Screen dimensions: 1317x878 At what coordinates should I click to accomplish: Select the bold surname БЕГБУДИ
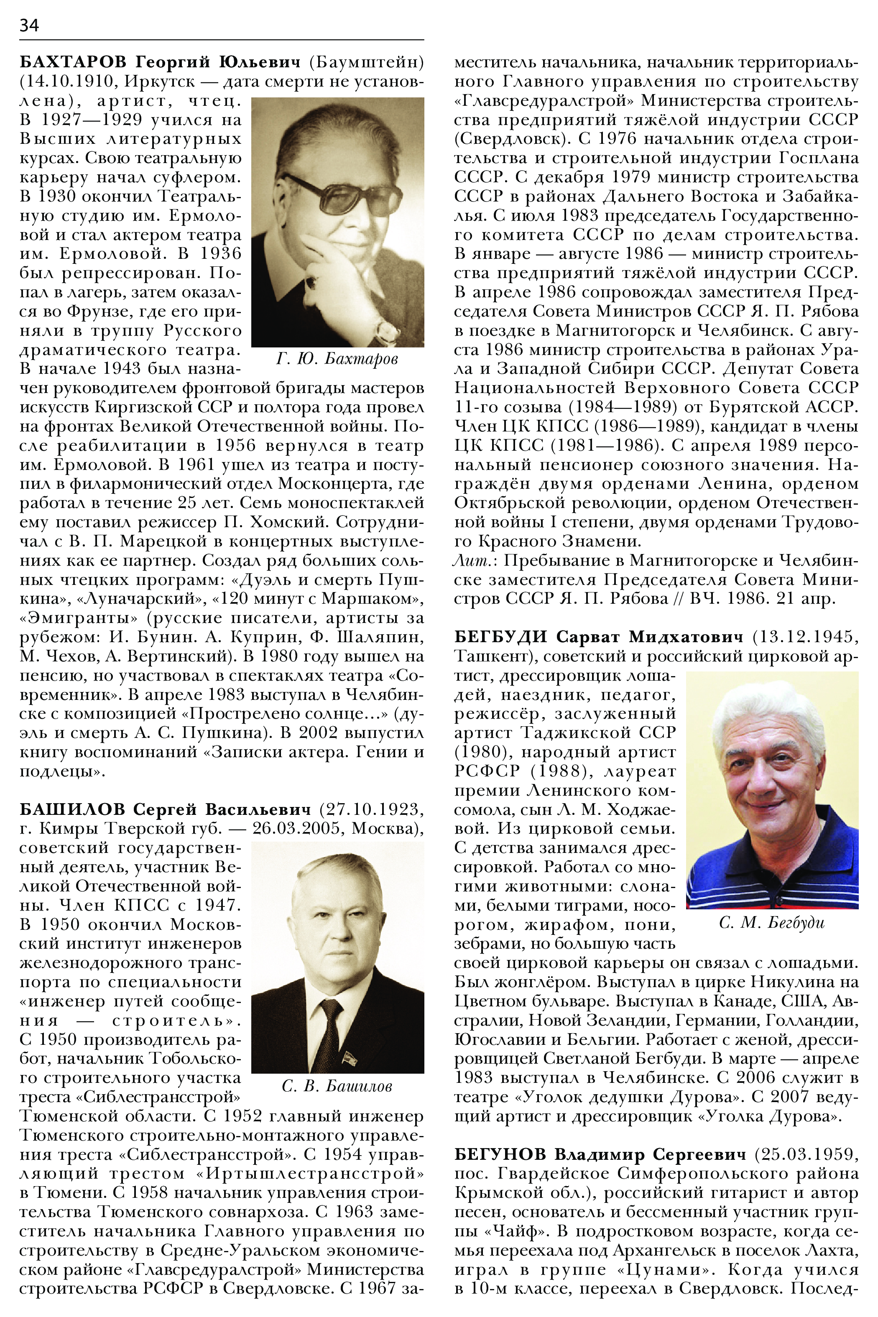pyautogui.click(x=500, y=637)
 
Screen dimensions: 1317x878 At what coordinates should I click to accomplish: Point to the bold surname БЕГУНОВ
pyautogui.click(x=500, y=1154)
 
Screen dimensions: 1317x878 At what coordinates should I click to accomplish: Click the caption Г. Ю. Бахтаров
pyautogui.click(x=337, y=358)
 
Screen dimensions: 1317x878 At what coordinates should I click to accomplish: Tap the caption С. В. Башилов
pyautogui.click(x=337, y=1086)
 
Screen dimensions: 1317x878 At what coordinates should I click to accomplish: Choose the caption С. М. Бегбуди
pyautogui.click(x=772, y=922)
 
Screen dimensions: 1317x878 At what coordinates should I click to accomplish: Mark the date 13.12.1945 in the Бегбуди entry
pyautogui.click(x=805, y=637)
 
